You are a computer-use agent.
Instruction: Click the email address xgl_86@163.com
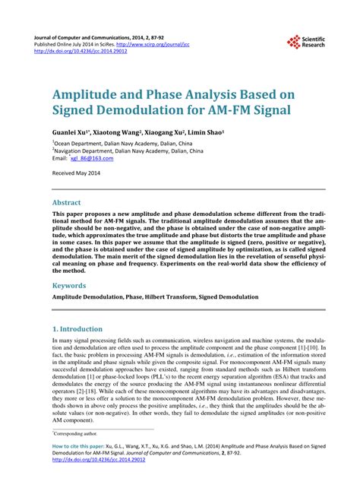92,159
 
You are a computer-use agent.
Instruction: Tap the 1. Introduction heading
77,329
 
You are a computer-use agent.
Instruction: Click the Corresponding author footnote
79,433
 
